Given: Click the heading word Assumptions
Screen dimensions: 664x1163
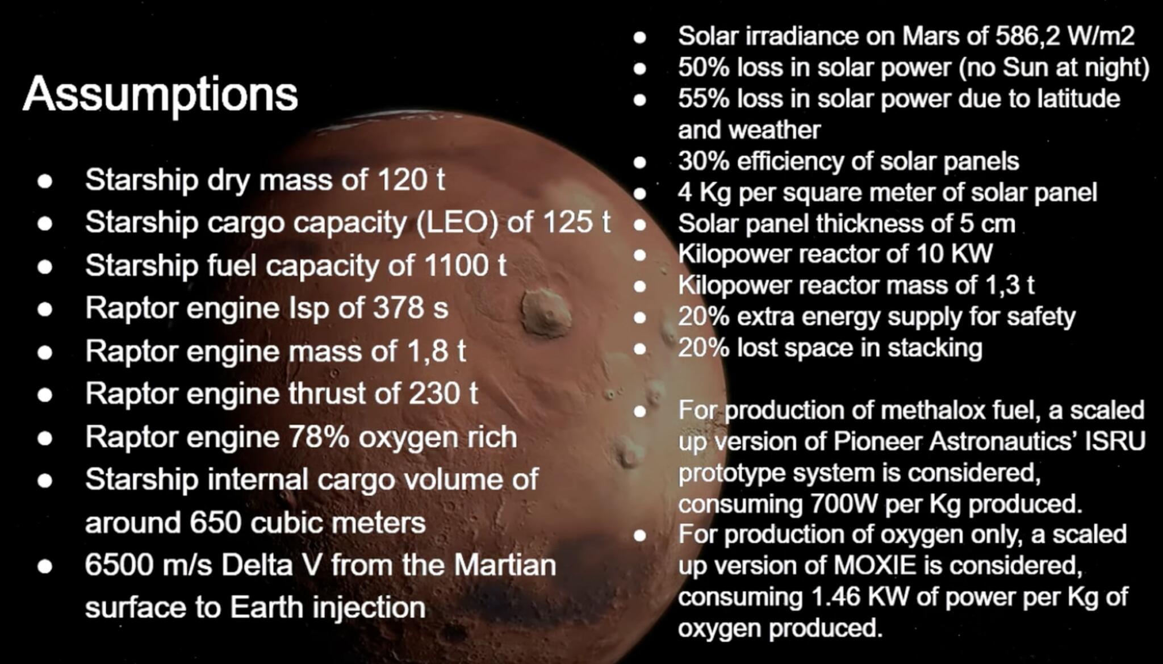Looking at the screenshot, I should click(160, 94).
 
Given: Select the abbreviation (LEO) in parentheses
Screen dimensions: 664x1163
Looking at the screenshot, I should click(457, 222).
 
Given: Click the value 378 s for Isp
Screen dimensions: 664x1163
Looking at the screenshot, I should click(410, 308).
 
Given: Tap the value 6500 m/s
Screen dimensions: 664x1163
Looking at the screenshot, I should click(148, 565).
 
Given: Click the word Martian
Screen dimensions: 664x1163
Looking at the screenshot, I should click(505, 565).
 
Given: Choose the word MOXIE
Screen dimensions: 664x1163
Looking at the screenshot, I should click(875, 566).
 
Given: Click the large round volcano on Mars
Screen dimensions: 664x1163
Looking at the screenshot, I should click(546, 312).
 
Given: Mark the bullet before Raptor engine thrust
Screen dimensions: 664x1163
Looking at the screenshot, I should click(45, 395).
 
